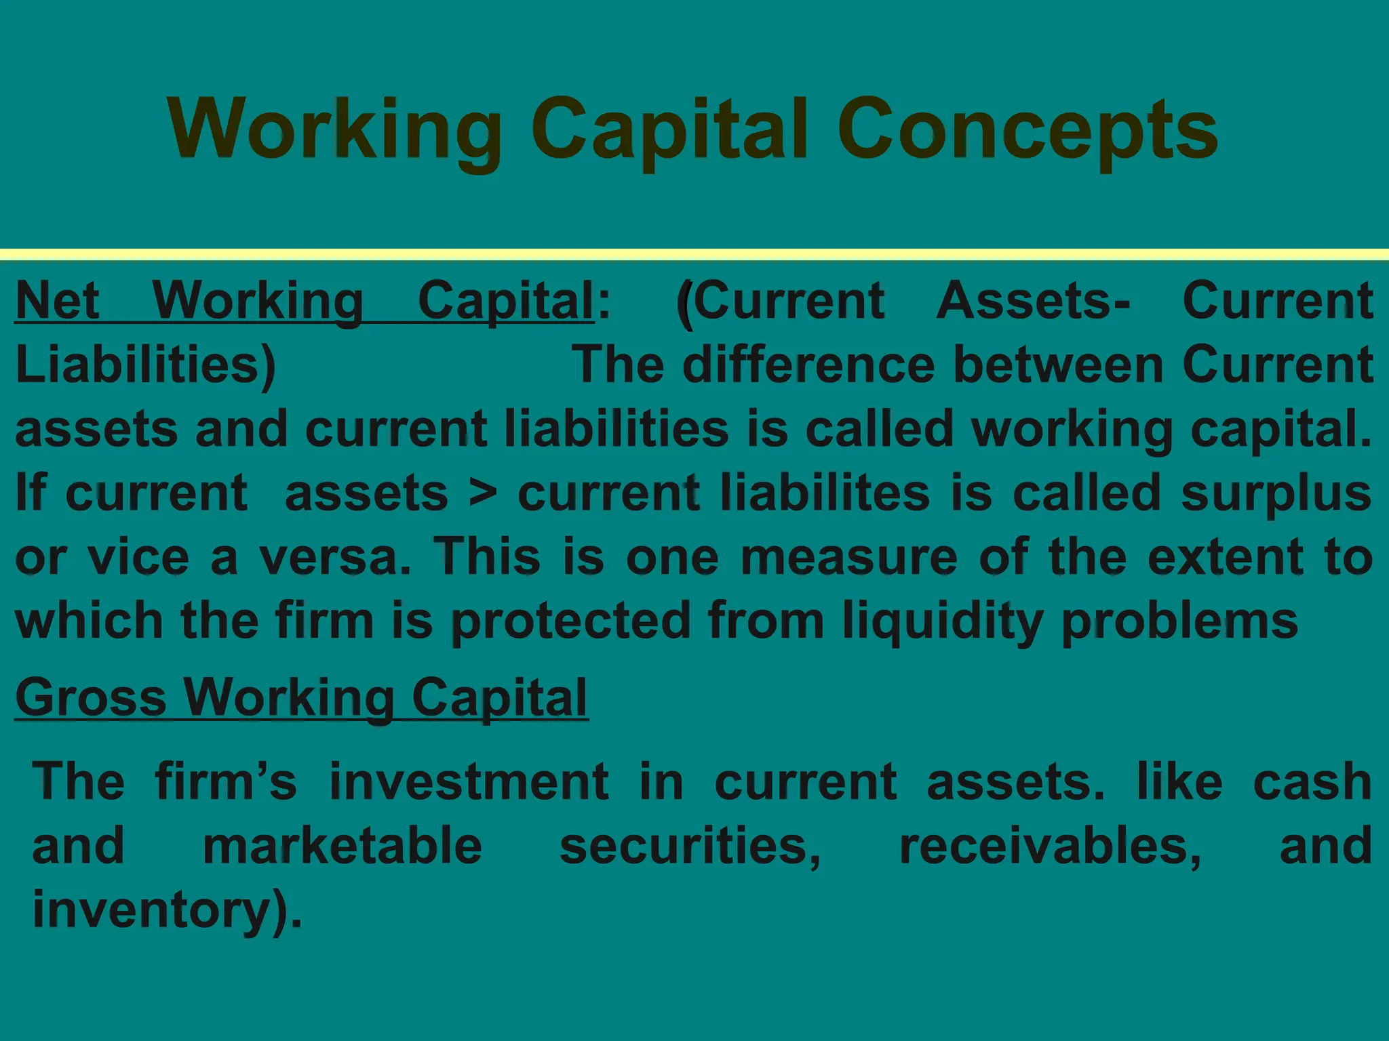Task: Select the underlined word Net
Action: [x=58, y=300]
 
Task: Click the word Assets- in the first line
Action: [x=1033, y=300]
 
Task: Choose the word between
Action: [x=1058, y=365]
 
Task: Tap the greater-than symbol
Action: [x=483, y=493]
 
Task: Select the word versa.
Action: [x=335, y=557]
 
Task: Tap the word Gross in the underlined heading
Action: [x=91, y=698]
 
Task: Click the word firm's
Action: [x=226, y=781]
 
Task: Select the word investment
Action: [x=469, y=781]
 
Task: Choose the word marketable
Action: [x=343, y=846]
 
